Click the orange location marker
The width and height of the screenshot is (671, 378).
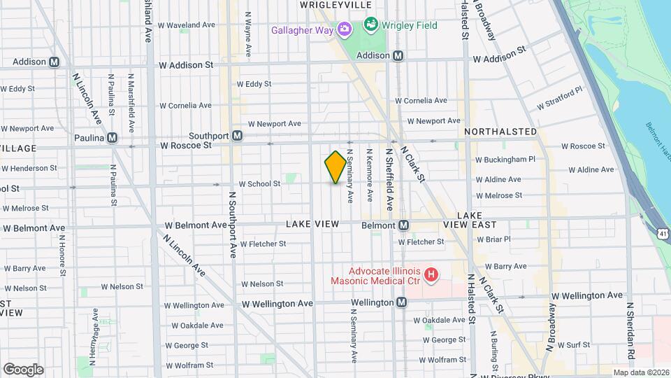pos(335,168)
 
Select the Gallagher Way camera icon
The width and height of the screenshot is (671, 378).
pos(344,29)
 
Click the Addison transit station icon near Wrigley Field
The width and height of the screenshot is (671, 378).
pos(398,55)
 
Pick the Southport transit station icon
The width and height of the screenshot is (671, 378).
pos(238,135)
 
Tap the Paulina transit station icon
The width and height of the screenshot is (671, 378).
pos(131,138)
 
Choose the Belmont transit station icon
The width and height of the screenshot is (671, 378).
pos(403,225)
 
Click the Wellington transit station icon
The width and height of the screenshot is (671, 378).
pos(401,302)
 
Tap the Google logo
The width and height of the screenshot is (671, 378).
pos(23,370)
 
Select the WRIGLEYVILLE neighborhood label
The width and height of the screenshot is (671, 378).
pos(326,5)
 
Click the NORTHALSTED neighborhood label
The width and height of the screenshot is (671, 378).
pos(500,132)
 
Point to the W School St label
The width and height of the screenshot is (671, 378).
pos(259,184)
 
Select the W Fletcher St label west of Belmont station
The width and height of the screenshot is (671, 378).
pos(263,244)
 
